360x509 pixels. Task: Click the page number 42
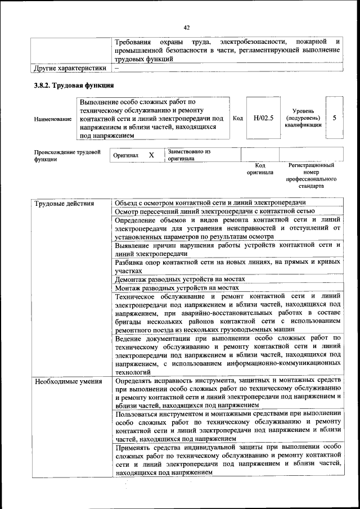(x=187, y=27)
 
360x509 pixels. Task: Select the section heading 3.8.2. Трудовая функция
(x=73, y=85)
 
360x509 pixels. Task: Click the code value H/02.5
(x=263, y=118)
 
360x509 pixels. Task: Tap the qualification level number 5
(x=335, y=118)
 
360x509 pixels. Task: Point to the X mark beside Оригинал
(x=151, y=155)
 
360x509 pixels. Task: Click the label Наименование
(x=53, y=119)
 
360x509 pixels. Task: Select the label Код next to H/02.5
(x=238, y=118)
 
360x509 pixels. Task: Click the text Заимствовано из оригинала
(x=188, y=155)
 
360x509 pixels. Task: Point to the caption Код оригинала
(x=259, y=169)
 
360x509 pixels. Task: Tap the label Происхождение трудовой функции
(x=67, y=155)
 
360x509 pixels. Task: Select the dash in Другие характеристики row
(x=116, y=68)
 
